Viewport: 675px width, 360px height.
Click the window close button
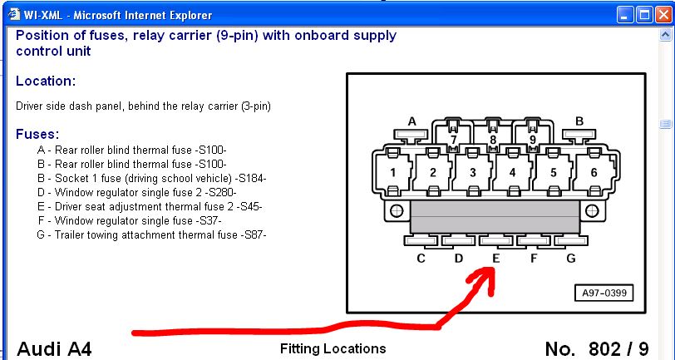pyautogui.click(x=661, y=15)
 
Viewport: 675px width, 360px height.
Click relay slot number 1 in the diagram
pyautogui.click(x=393, y=172)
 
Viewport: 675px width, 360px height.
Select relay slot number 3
pyautogui.click(x=472, y=173)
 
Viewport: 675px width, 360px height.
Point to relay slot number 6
pyautogui.click(x=593, y=172)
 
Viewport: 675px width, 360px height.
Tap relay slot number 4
pyautogui.click(x=512, y=173)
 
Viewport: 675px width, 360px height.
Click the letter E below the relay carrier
pyautogui.click(x=496, y=259)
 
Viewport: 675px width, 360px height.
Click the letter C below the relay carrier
pyautogui.click(x=421, y=259)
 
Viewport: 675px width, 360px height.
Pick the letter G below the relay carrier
pyautogui.click(x=571, y=259)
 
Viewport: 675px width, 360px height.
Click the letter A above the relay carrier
pyautogui.click(x=411, y=121)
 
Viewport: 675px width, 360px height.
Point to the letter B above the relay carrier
pyautogui.click(x=579, y=121)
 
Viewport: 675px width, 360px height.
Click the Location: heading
pyautogui.click(x=46, y=81)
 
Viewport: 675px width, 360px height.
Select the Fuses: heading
pyautogui.click(x=37, y=134)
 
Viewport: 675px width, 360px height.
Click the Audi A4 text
pyautogui.click(x=54, y=348)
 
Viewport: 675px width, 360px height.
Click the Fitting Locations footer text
pyautogui.click(x=333, y=348)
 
